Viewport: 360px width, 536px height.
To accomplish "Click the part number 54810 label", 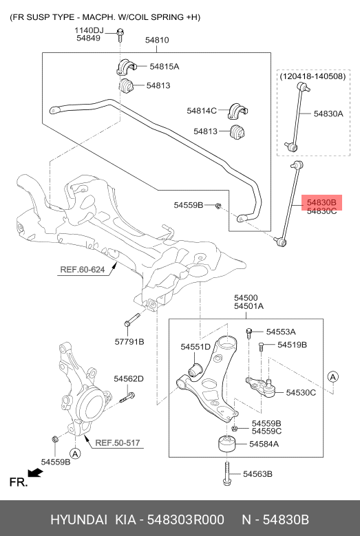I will (x=157, y=41).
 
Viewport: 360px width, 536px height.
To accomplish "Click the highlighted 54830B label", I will (x=321, y=202).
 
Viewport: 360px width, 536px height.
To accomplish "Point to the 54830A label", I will (x=328, y=114).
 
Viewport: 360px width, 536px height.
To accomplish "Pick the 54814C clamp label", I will (x=202, y=110).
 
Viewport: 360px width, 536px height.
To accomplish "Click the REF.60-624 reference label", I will (x=82, y=270).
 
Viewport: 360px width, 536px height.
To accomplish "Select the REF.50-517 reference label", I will (x=118, y=442).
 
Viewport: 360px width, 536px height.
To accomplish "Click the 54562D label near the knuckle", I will (x=129, y=378).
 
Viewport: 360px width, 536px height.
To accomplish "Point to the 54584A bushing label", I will (x=264, y=444).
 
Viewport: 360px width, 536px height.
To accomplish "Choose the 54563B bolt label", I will (x=258, y=474).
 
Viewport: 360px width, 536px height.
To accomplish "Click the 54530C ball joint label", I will (x=301, y=392).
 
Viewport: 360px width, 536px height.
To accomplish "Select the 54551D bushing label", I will (x=195, y=347).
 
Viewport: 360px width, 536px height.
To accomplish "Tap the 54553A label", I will (x=281, y=331).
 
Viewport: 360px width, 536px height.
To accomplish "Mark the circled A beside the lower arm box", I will (x=332, y=376).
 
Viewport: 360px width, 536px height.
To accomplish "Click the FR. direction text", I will (x=17, y=482).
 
